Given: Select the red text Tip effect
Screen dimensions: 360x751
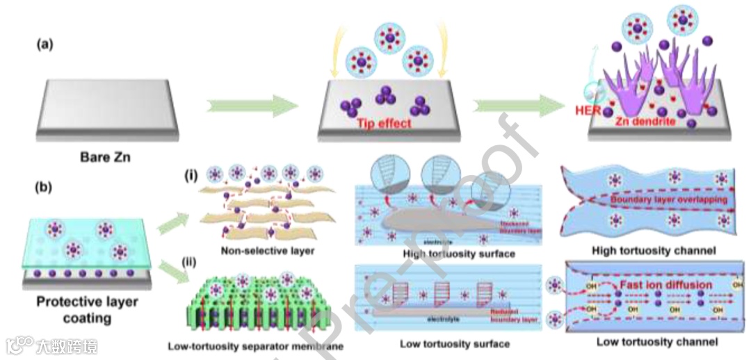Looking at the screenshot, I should (385, 123).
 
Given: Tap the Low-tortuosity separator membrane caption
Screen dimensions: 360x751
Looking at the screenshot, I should (255, 345).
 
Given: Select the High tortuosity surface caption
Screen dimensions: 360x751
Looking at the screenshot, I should (459, 254).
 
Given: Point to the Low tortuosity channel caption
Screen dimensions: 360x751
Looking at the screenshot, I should (657, 342).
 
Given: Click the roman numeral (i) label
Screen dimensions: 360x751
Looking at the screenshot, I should (191, 175).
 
